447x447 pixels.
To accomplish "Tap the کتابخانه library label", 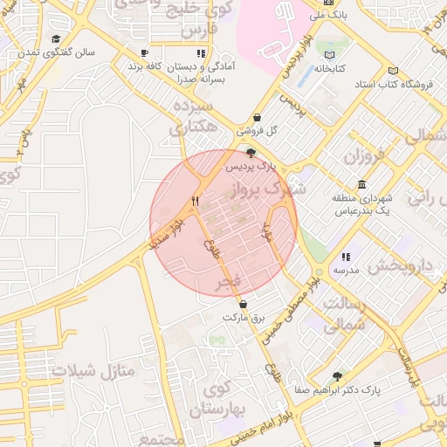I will point(329,67).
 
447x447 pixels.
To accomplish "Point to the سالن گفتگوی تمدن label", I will point(65,52).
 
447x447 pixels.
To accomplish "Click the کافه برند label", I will point(145,66).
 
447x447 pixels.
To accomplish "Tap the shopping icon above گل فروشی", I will point(257,118).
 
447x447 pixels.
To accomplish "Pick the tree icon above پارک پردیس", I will point(251,152).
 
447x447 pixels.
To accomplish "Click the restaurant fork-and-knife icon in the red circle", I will point(196,201).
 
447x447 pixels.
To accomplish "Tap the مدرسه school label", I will point(346,270).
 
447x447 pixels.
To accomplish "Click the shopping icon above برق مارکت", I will point(243,305).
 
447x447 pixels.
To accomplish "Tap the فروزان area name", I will point(364,157).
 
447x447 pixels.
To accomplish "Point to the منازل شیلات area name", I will point(94,370).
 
